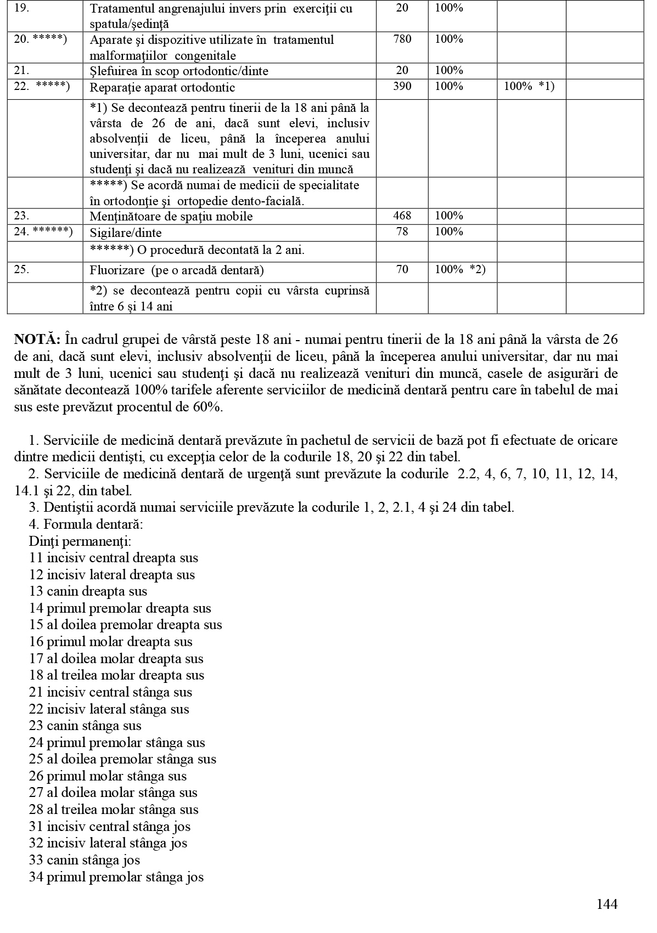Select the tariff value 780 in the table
(x=402, y=39)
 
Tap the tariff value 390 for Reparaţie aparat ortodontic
(x=402, y=87)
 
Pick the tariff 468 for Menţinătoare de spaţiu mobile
(x=402, y=216)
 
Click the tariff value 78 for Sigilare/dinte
(x=402, y=232)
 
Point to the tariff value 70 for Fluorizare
(x=402, y=270)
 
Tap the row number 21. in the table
(x=21, y=71)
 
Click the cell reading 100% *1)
(x=529, y=87)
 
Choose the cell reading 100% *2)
(x=460, y=270)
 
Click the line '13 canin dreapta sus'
(x=88, y=591)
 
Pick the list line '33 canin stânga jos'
(x=85, y=860)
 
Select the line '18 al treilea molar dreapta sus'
(x=116, y=675)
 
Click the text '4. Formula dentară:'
(x=86, y=524)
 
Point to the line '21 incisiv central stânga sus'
(x=110, y=692)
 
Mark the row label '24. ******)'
(x=43, y=232)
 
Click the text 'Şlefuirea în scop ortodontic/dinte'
(x=179, y=71)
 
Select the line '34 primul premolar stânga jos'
(x=116, y=877)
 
